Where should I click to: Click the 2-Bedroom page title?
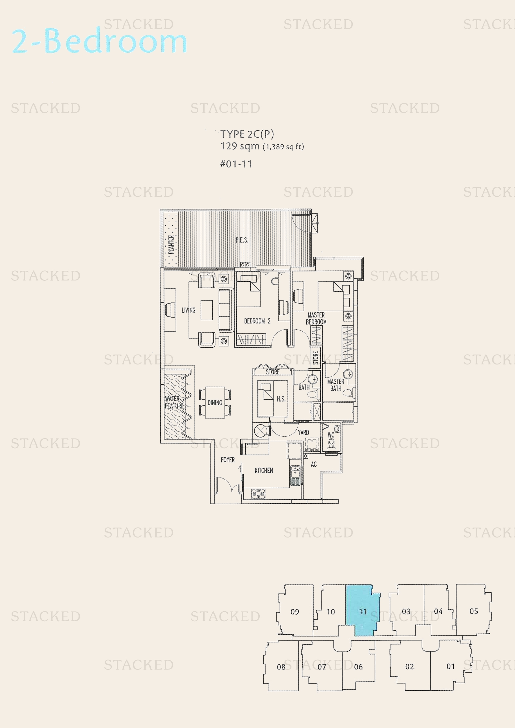99,41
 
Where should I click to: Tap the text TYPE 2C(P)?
247,134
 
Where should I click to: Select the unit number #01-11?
236,164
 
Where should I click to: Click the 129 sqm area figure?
240,146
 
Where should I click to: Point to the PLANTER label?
171,244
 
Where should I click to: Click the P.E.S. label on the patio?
242,240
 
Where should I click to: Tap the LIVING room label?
188,310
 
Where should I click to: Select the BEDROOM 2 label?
257,321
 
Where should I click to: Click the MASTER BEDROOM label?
316,318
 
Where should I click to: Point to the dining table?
215,402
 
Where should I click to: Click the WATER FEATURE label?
174,402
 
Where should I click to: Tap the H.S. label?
281,399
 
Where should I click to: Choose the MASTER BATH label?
336,385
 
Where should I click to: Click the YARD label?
303,433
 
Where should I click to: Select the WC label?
331,435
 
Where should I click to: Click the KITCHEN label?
263,471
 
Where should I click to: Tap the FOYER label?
228,460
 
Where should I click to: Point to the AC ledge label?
314,464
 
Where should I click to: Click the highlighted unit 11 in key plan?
362,611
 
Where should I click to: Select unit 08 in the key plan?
281,667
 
